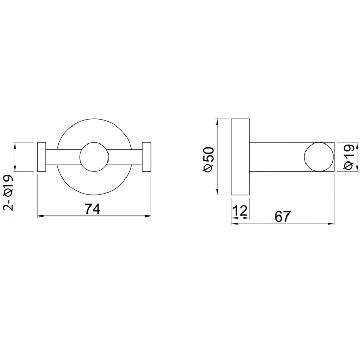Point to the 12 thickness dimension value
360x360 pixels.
pos(240,210)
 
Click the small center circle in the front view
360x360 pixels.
pos(94,157)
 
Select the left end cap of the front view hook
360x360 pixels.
pos(42,157)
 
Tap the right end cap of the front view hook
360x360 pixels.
pos(146,157)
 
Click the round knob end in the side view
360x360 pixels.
pos(318,157)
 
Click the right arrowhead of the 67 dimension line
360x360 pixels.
pos(331,224)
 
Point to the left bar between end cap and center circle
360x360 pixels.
pos(63,157)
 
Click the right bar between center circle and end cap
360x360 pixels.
pos(125,157)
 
